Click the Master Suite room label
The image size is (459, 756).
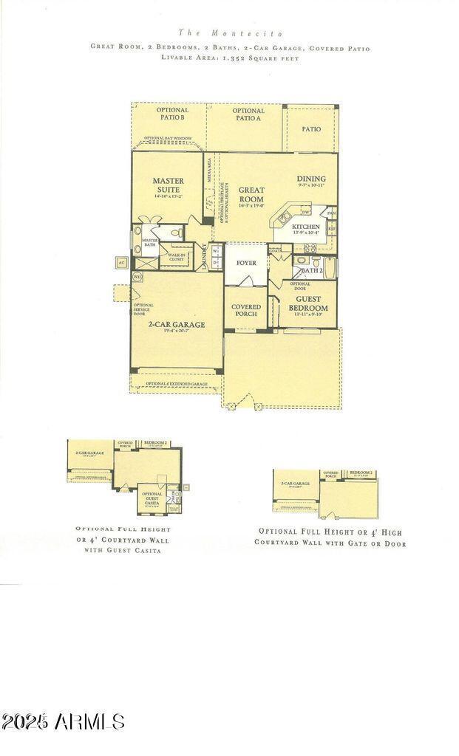[x=168, y=185]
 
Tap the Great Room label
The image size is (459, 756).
[x=251, y=195]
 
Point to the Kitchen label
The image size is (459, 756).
[x=305, y=227]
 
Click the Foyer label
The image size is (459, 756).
[x=245, y=263]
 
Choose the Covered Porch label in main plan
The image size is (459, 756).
[x=245, y=310]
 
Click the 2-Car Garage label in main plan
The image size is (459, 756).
[x=176, y=324]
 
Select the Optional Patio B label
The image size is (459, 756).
[x=171, y=114]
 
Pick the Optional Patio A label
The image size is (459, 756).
[x=248, y=114]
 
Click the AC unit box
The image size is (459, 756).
[x=121, y=262]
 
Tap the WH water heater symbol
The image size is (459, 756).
[x=137, y=276]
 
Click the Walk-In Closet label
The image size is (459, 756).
[x=176, y=257]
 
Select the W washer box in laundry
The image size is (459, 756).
[x=215, y=251]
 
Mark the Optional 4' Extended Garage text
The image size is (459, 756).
[x=176, y=384]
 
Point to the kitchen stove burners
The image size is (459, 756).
[x=310, y=248]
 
